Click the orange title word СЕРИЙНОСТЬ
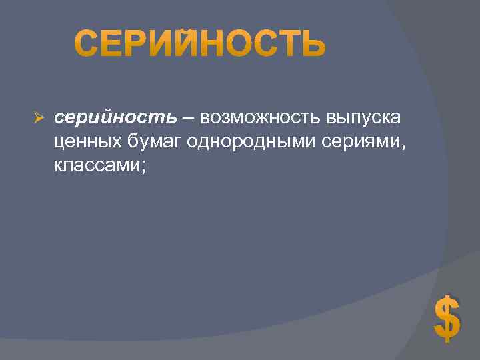point(200,44)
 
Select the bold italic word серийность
point(115,118)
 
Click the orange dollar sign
point(447,318)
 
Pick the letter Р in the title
point(138,44)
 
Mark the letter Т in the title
point(285,44)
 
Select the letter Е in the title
point(113,44)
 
